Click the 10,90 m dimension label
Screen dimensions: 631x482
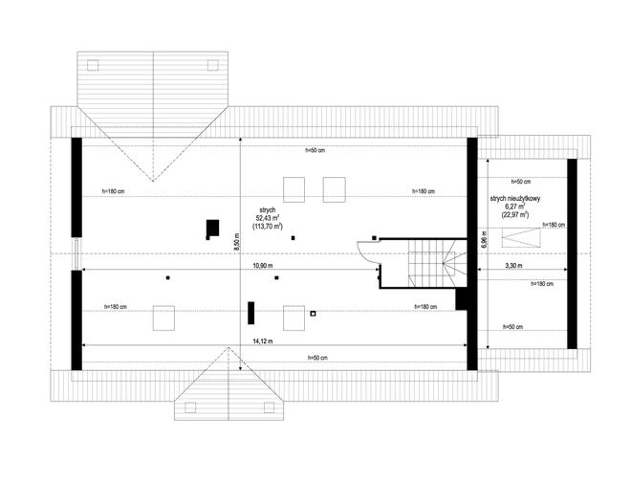coord(263,266)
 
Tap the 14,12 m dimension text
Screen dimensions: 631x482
coord(263,341)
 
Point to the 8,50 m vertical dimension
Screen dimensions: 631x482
coord(237,242)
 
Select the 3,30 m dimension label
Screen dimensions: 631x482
coord(513,266)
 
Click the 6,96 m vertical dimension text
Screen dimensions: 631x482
coord(484,239)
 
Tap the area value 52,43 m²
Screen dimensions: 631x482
coord(268,218)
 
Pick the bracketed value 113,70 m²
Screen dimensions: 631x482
coord(268,227)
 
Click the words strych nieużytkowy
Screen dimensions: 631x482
coord(515,199)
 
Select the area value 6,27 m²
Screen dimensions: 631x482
coord(515,207)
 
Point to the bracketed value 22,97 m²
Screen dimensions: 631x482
coord(515,214)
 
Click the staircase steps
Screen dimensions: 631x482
coord(432,264)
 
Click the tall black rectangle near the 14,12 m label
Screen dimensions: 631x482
coord(251,313)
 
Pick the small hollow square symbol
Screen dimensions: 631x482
coord(313,314)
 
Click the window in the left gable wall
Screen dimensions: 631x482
coord(76,253)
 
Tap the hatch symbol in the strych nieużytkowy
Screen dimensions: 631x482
coord(521,237)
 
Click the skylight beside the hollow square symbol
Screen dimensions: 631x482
coord(294,318)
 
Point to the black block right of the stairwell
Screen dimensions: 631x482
coord(461,298)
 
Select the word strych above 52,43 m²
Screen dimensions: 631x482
coord(268,210)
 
